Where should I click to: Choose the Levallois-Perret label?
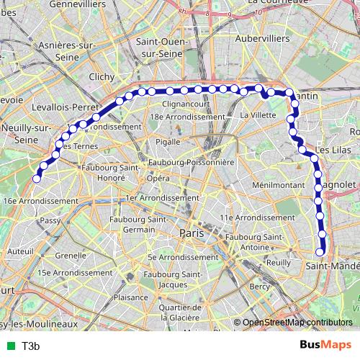(65, 106)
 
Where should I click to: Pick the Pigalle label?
(168, 142)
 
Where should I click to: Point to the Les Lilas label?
(332, 149)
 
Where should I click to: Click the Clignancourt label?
(186, 104)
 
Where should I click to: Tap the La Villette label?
(253, 114)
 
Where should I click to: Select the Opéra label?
(158, 177)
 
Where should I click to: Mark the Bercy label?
(259, 287)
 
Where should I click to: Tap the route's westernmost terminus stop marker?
(37, 179)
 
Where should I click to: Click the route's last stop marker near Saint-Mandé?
(320, 251)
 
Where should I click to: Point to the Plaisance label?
(130, 297)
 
